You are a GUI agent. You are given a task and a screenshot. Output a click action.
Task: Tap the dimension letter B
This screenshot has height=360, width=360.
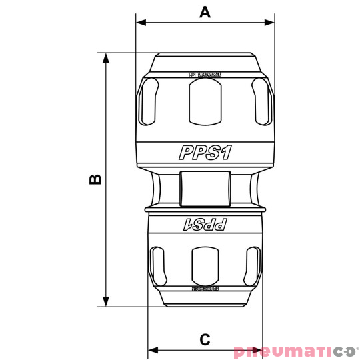click(x=95, y=179)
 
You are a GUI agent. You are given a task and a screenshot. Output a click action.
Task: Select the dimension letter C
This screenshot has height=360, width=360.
click(x=205, y=339)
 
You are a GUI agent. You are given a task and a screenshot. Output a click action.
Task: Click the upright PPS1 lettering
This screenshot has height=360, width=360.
click(x=205, y=153)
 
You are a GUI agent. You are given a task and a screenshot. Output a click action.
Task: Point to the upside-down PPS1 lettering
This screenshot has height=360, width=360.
click(x=205, y=225)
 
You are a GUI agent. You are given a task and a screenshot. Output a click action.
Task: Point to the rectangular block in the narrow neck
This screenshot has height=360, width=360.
click(x=204, y=188)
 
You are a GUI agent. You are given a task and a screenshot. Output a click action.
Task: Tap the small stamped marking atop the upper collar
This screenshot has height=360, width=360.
click(x=204, y=75)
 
